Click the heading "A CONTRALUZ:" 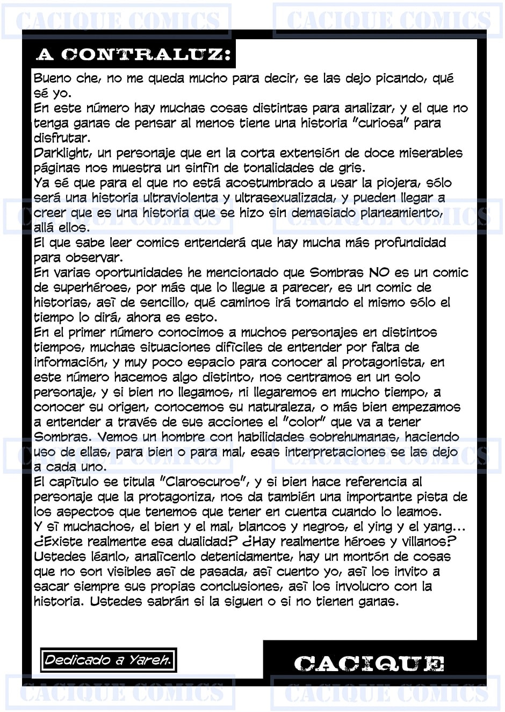coord(133,54)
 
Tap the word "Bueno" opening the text coord(52,79)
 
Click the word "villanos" coord(423,542)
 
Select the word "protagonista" coord(383,362)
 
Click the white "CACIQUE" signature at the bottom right coord(369,664)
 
